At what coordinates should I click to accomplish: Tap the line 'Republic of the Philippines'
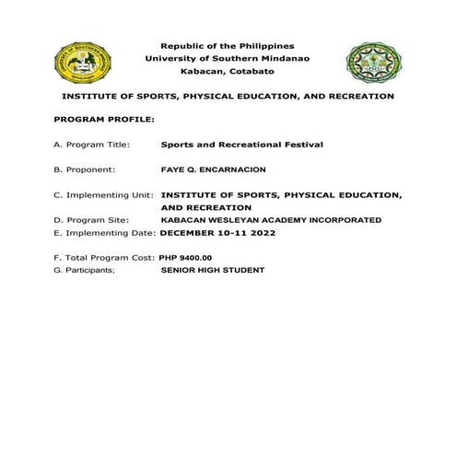pyautogui.click(x=228, y=45)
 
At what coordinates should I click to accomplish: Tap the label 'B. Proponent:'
pyautogui.click(x=85, y=170)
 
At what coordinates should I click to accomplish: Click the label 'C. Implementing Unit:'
pyautogui.click(x=104, y=195)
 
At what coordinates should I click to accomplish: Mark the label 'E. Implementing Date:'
pyautogui.click(x=105, y=233)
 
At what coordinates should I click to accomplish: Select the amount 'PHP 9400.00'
pyautogui.click(x=185, y=258)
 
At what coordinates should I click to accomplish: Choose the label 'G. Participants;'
pyautogui.click(x=88, y=271)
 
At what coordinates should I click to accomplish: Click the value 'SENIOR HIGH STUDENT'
pyautogui.click(x=212, y=271)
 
